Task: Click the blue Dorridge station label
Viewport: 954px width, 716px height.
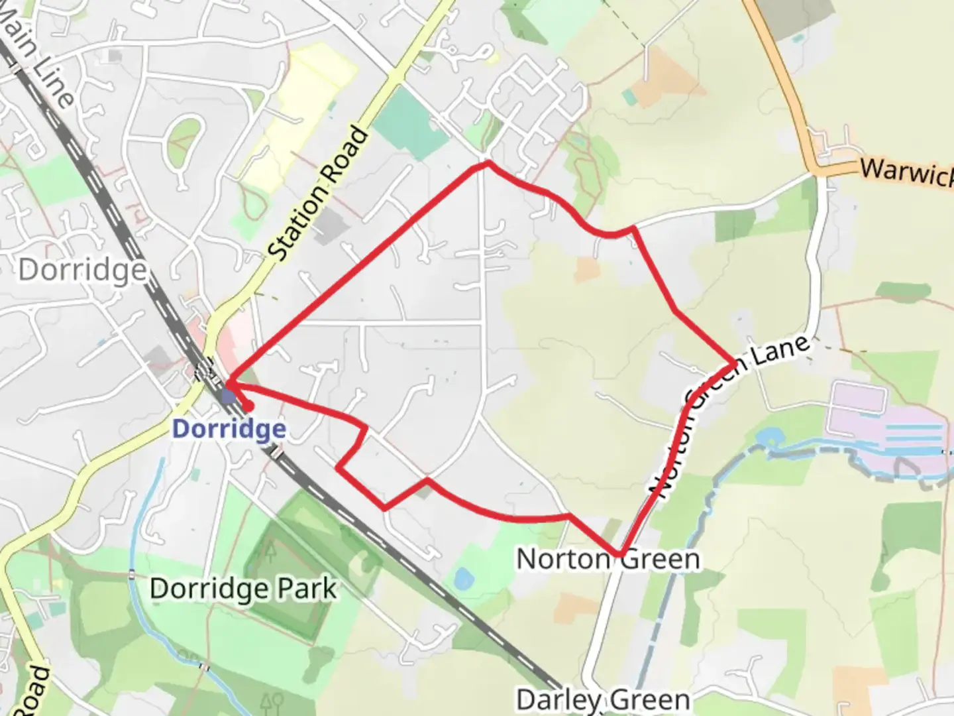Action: (x=229, y=429)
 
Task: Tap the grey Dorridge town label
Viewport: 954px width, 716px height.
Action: (x=82, y=270)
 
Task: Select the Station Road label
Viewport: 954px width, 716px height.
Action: (x=319, y=194)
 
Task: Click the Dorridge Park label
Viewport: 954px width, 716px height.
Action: (x=243, y=589)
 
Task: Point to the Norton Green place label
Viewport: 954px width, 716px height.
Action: (x=608, y=559)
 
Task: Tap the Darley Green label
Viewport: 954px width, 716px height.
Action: (x=603, y=699)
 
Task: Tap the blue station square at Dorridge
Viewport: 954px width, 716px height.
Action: (x=228, y=396)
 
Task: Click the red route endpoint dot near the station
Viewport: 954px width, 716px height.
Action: (x=248, y=406)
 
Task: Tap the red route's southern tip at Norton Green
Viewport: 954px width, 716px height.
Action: (x=620, y=554)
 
